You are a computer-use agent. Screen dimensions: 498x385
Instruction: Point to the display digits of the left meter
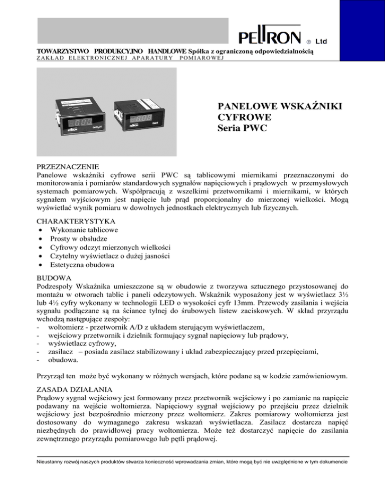pyautogui.click(x=83, y=123)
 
